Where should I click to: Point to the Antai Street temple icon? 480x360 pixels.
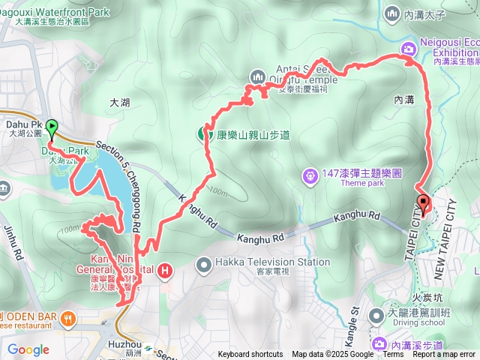258,76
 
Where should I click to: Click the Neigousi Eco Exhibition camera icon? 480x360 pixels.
409,49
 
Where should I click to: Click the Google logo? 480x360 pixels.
28,349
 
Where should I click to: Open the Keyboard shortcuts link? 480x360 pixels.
251,355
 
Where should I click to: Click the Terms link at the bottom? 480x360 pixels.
393,355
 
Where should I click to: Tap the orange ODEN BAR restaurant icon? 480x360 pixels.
69,317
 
